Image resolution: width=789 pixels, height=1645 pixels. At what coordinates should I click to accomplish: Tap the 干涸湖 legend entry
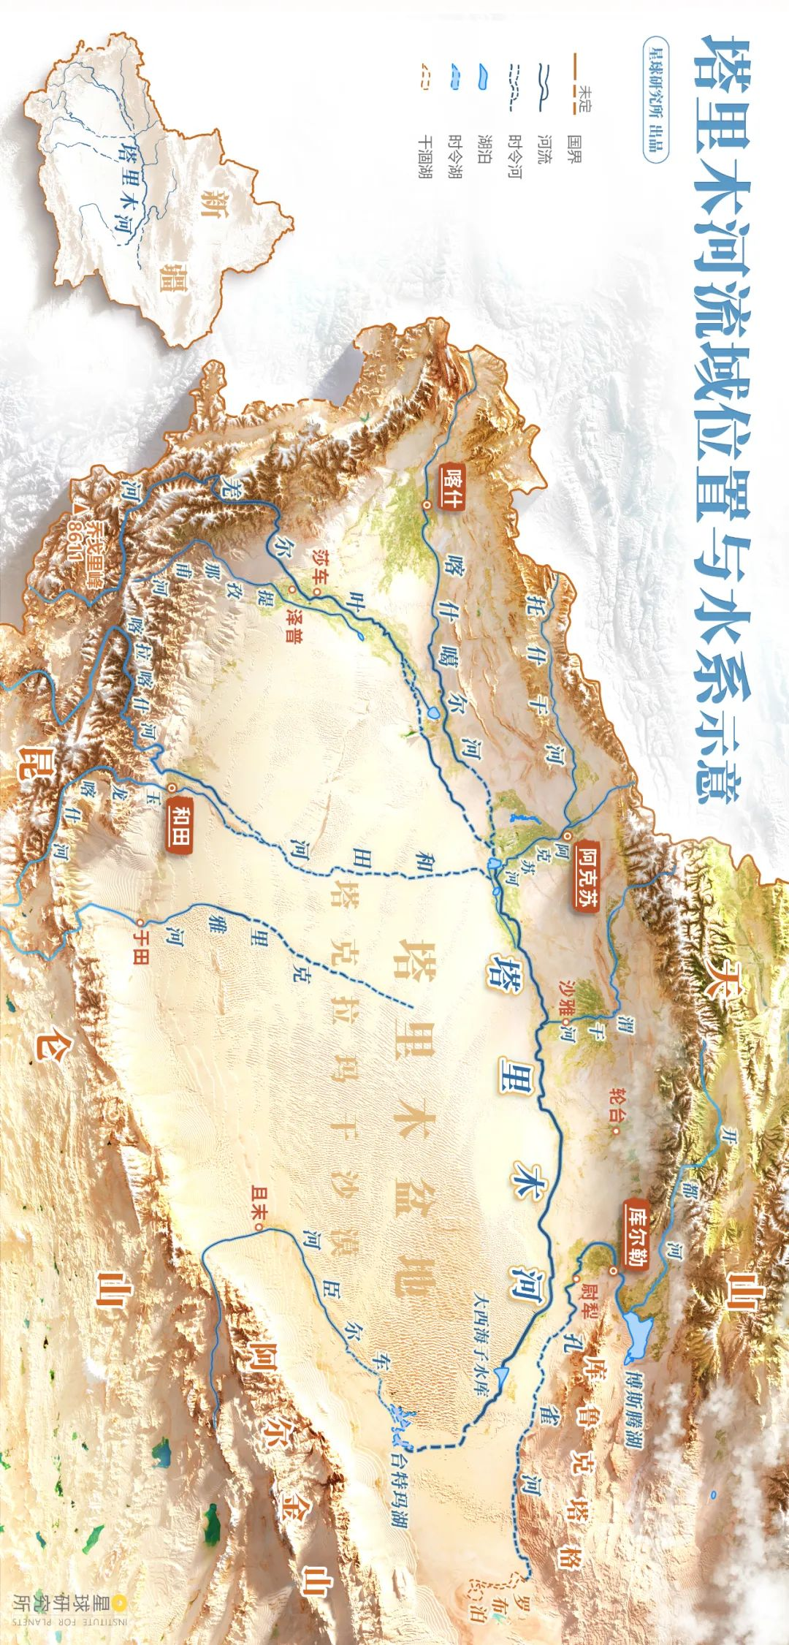423,154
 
